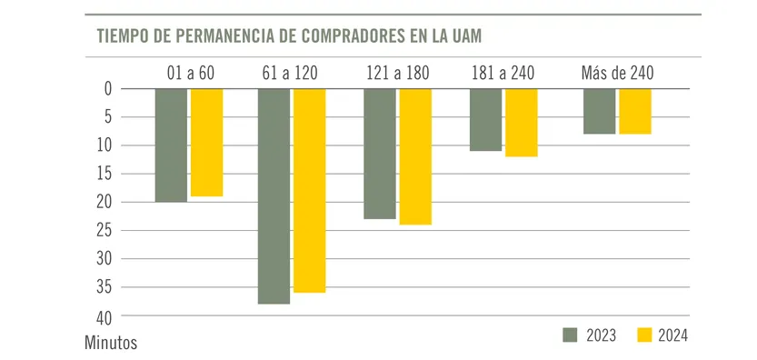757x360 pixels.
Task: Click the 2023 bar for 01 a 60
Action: coord(171,145)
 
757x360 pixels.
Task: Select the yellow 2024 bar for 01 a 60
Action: coord(206,142)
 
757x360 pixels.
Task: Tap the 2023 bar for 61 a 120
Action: coord(274,195)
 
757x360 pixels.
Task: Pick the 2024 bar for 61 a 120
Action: coord(309,190)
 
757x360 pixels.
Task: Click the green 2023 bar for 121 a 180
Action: coord(379,153)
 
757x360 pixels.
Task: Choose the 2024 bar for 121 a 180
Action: coord(415,155)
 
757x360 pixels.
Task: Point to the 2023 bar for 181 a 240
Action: coord(485,119)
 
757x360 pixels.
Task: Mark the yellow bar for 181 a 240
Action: coord(521,122)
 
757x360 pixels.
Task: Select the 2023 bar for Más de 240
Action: coord(599,111)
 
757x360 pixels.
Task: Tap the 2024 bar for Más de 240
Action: coord(634,111)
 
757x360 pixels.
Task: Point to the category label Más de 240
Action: coord(617,73)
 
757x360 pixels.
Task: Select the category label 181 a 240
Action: coord(503,73)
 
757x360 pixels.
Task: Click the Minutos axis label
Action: coord(111,344)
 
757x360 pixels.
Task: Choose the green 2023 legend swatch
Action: coord(571,335)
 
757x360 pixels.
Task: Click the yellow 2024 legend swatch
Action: coord(644,335)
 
